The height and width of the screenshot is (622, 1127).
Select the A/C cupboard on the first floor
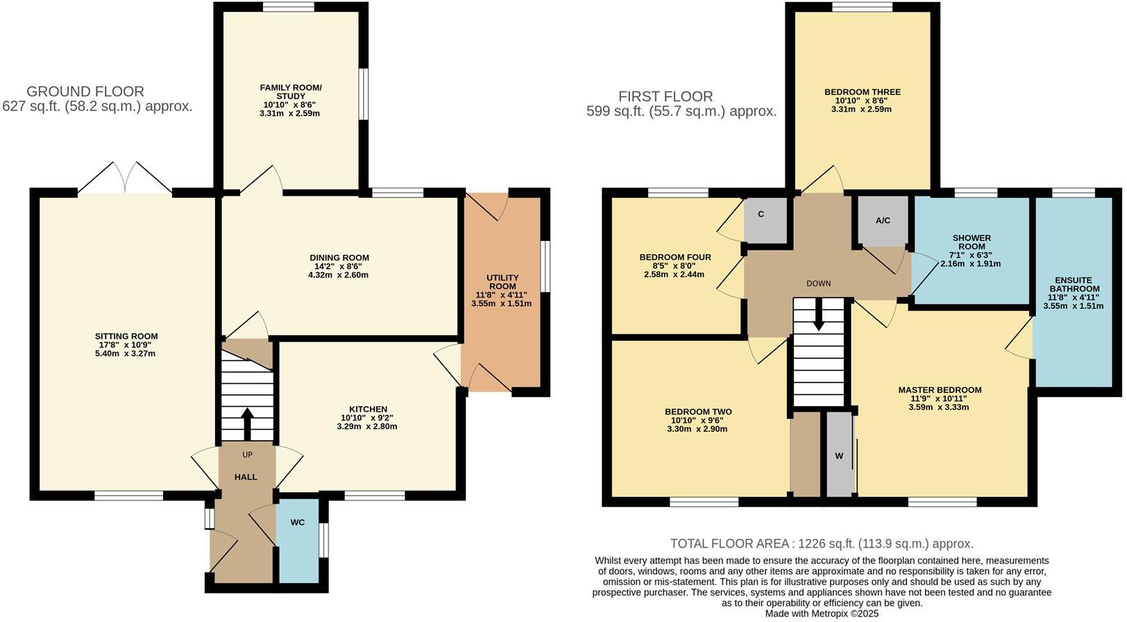point(883,221)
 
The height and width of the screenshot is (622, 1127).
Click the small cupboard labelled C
point(761,215)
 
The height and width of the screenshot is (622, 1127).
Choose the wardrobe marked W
point(839,456)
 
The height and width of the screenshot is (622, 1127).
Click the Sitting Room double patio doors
point(125,178)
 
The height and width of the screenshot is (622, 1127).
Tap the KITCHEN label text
point(368,409)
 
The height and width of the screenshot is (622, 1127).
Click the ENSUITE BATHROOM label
point(1074,285)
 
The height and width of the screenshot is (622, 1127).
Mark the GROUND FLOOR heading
point(85,91)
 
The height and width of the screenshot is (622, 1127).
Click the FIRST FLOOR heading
point(665,96)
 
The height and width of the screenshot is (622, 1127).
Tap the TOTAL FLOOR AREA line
point(821,544)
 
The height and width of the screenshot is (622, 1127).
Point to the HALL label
point(246,477)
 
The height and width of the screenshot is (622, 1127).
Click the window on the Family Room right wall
point(364,94)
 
